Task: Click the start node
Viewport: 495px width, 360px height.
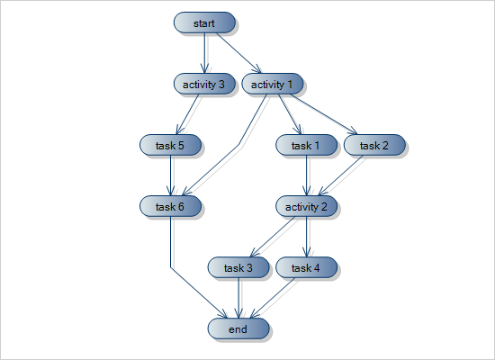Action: [203, 23]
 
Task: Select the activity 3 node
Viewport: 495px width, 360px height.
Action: [203, 85]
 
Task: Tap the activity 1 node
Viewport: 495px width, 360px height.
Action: [272, 85]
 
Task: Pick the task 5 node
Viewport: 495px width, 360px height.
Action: [171, 145]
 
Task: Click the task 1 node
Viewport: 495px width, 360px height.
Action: [306, 145]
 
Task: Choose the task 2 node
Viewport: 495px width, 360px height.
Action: [373, 145]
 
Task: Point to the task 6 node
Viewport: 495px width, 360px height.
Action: [171, 207]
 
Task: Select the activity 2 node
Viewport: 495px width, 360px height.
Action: [306, 207]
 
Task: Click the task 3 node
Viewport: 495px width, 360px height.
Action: [238, 268]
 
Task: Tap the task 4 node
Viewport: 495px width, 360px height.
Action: [306, 268]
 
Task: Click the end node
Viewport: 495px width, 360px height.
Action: [238, 329]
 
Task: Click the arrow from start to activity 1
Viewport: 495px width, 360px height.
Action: [238, 54]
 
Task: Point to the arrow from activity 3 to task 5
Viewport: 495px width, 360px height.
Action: [188, 114]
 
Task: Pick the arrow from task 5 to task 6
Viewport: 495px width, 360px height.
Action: [171, 175]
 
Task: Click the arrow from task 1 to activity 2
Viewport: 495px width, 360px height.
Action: [306, 175]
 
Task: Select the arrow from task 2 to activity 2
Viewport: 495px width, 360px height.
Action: [340, 175]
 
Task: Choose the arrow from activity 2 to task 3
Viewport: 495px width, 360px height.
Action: [272, 238]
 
